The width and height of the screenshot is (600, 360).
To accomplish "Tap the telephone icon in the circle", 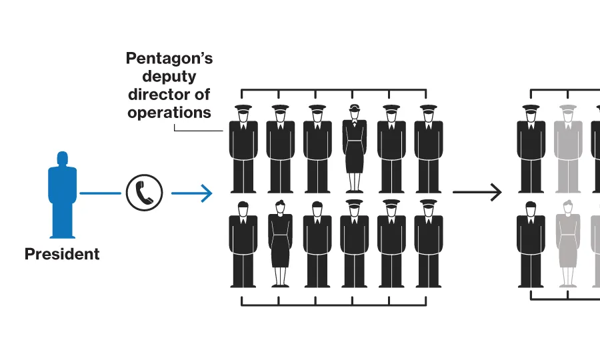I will [144, 193].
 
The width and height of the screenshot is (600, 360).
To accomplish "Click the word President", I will [62, 254].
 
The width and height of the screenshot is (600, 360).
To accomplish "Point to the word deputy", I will [169, 77].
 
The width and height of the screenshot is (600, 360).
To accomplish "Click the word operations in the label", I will [169, 113].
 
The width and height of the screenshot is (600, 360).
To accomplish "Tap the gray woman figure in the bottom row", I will [567, 243].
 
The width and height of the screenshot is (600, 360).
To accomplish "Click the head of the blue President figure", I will [62, 160].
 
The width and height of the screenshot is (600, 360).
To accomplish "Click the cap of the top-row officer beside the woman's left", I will [317, 108].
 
